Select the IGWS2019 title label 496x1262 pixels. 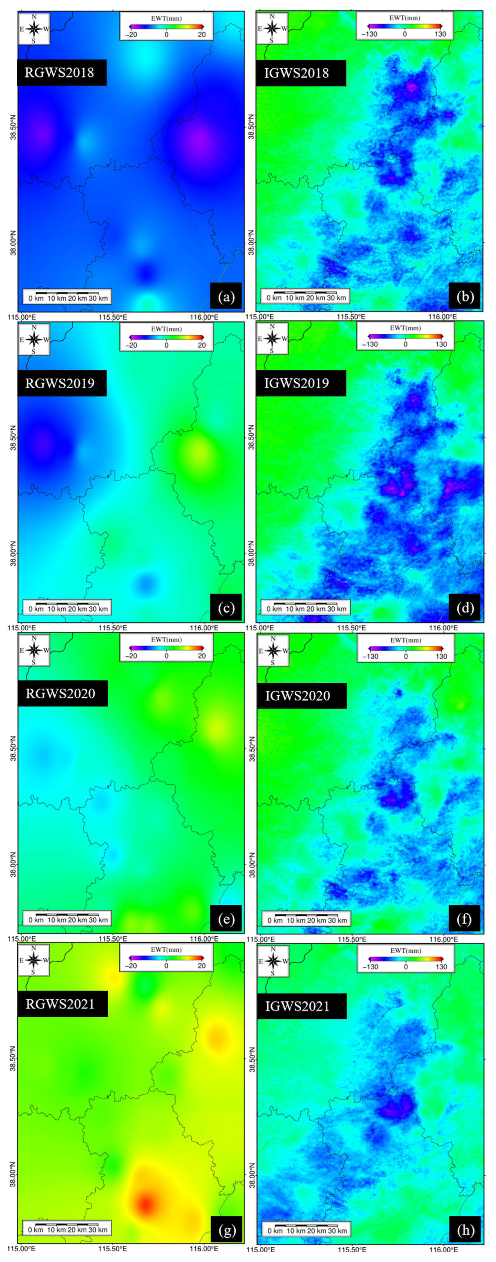click(301, 383)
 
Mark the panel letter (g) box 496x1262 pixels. click(226, 1230)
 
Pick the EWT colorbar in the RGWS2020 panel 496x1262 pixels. click(166, 647)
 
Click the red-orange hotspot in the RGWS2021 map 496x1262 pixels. click(146, 1202)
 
